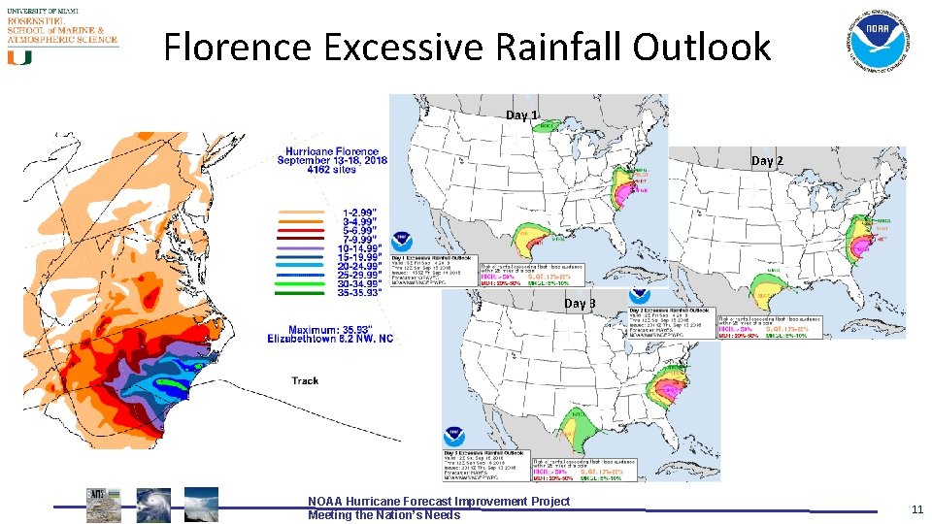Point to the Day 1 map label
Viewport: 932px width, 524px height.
point(521,115)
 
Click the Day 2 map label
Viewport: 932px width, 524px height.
point(767,160)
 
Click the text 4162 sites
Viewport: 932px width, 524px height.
point(333,171)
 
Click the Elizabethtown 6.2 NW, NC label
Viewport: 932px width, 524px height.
point(333,339)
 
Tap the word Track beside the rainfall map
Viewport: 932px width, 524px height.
point(305,380)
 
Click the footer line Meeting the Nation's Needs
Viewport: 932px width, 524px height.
point(383,515)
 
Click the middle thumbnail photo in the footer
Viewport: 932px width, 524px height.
point(152,505)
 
